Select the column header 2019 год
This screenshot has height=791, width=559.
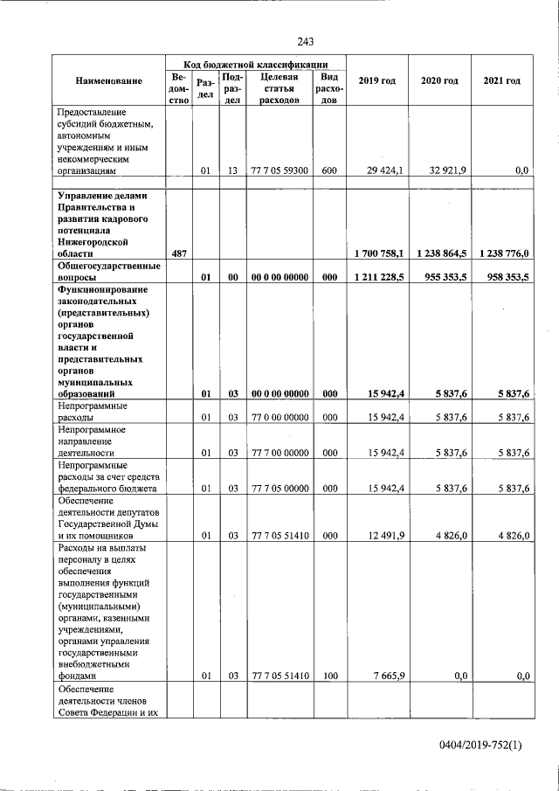tap(377, 81)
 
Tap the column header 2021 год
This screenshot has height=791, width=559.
tap(501, 81)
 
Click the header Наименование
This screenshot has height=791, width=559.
tap(108, 81)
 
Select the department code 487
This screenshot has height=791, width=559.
tap(180, 253)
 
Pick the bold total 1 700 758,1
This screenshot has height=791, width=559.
tap(379, 253)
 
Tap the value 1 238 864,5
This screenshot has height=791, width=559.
tap(441, 253)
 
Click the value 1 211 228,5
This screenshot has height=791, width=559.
tap(379, 277)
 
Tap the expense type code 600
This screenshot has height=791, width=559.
tap(329, 171)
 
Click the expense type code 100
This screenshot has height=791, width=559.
tap(329, 676)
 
